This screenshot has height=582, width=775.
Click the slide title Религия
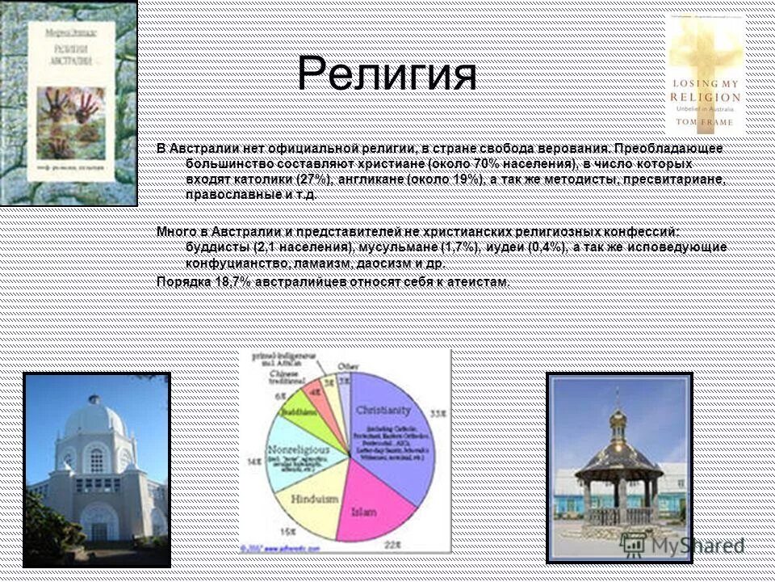click(387, 74)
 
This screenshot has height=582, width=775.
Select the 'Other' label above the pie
click(349, 365)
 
